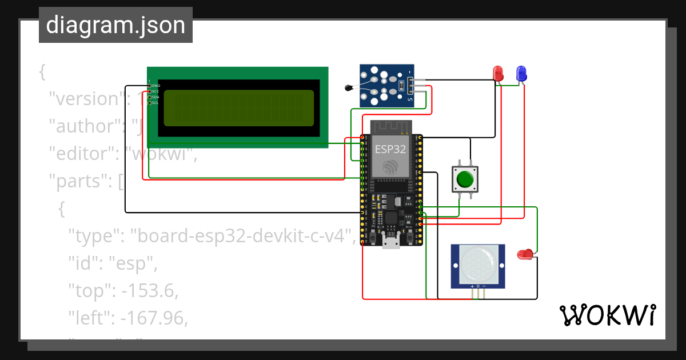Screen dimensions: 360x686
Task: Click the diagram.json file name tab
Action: [115, 26]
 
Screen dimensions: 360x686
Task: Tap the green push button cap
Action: [465, 179]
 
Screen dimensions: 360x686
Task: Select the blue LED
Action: [521, 73]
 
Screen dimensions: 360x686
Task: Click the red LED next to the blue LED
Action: [498, 73]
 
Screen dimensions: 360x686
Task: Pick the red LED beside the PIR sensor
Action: [524, 254]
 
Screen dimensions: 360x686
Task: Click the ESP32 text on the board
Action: [390, 149]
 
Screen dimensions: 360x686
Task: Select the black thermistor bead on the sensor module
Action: [349, 87]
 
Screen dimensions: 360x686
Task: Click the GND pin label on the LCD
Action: [155, 86]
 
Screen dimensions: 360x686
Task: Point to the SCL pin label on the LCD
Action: [155, 103]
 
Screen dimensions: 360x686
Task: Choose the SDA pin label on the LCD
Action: [155, 97]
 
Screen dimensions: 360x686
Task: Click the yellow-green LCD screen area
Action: [238, 107]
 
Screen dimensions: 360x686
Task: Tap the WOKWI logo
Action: [607, 315]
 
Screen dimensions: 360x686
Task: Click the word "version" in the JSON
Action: [86, 99]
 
